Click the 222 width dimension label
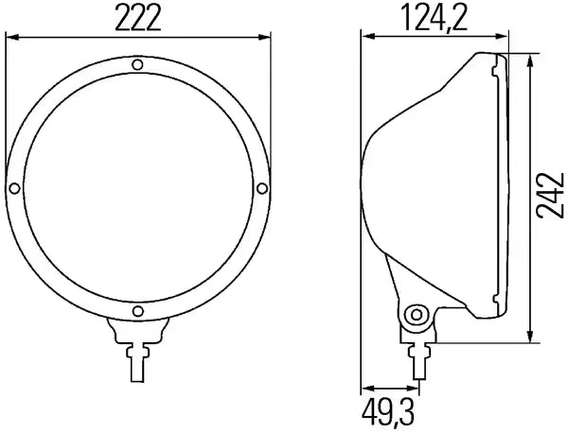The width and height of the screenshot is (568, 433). (x=138, y=19)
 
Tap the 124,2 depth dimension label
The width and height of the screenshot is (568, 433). (x=435, y=19)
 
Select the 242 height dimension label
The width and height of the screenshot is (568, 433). (x=550, y=196)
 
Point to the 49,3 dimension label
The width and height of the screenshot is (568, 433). (x=388, y=413)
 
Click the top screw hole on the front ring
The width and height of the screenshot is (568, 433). (x=137, y=64)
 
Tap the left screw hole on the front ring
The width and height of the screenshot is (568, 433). (x=14, y=188)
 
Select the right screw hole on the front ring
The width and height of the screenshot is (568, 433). (x=262, y=188)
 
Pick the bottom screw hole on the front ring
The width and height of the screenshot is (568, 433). (x=138, y=311)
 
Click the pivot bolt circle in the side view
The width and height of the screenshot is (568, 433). (x=417, y=315)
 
